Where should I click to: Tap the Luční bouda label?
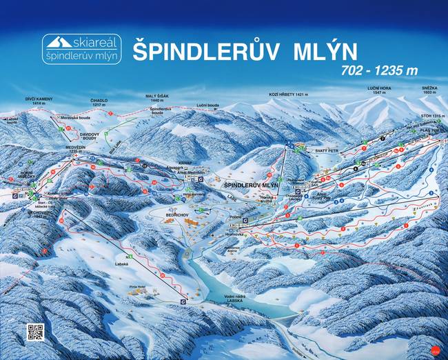click(208, 106)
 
